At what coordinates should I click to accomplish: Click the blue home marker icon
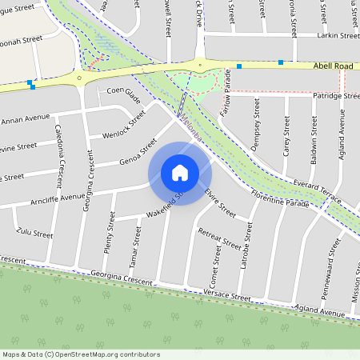[x=179, y=173]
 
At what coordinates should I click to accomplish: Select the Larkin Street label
[x=338, y=36]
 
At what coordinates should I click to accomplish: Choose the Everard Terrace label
[x=318, y=190]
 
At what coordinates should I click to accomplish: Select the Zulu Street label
[x=34, y=234]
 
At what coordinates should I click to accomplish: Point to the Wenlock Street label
[x=125, y=126]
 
